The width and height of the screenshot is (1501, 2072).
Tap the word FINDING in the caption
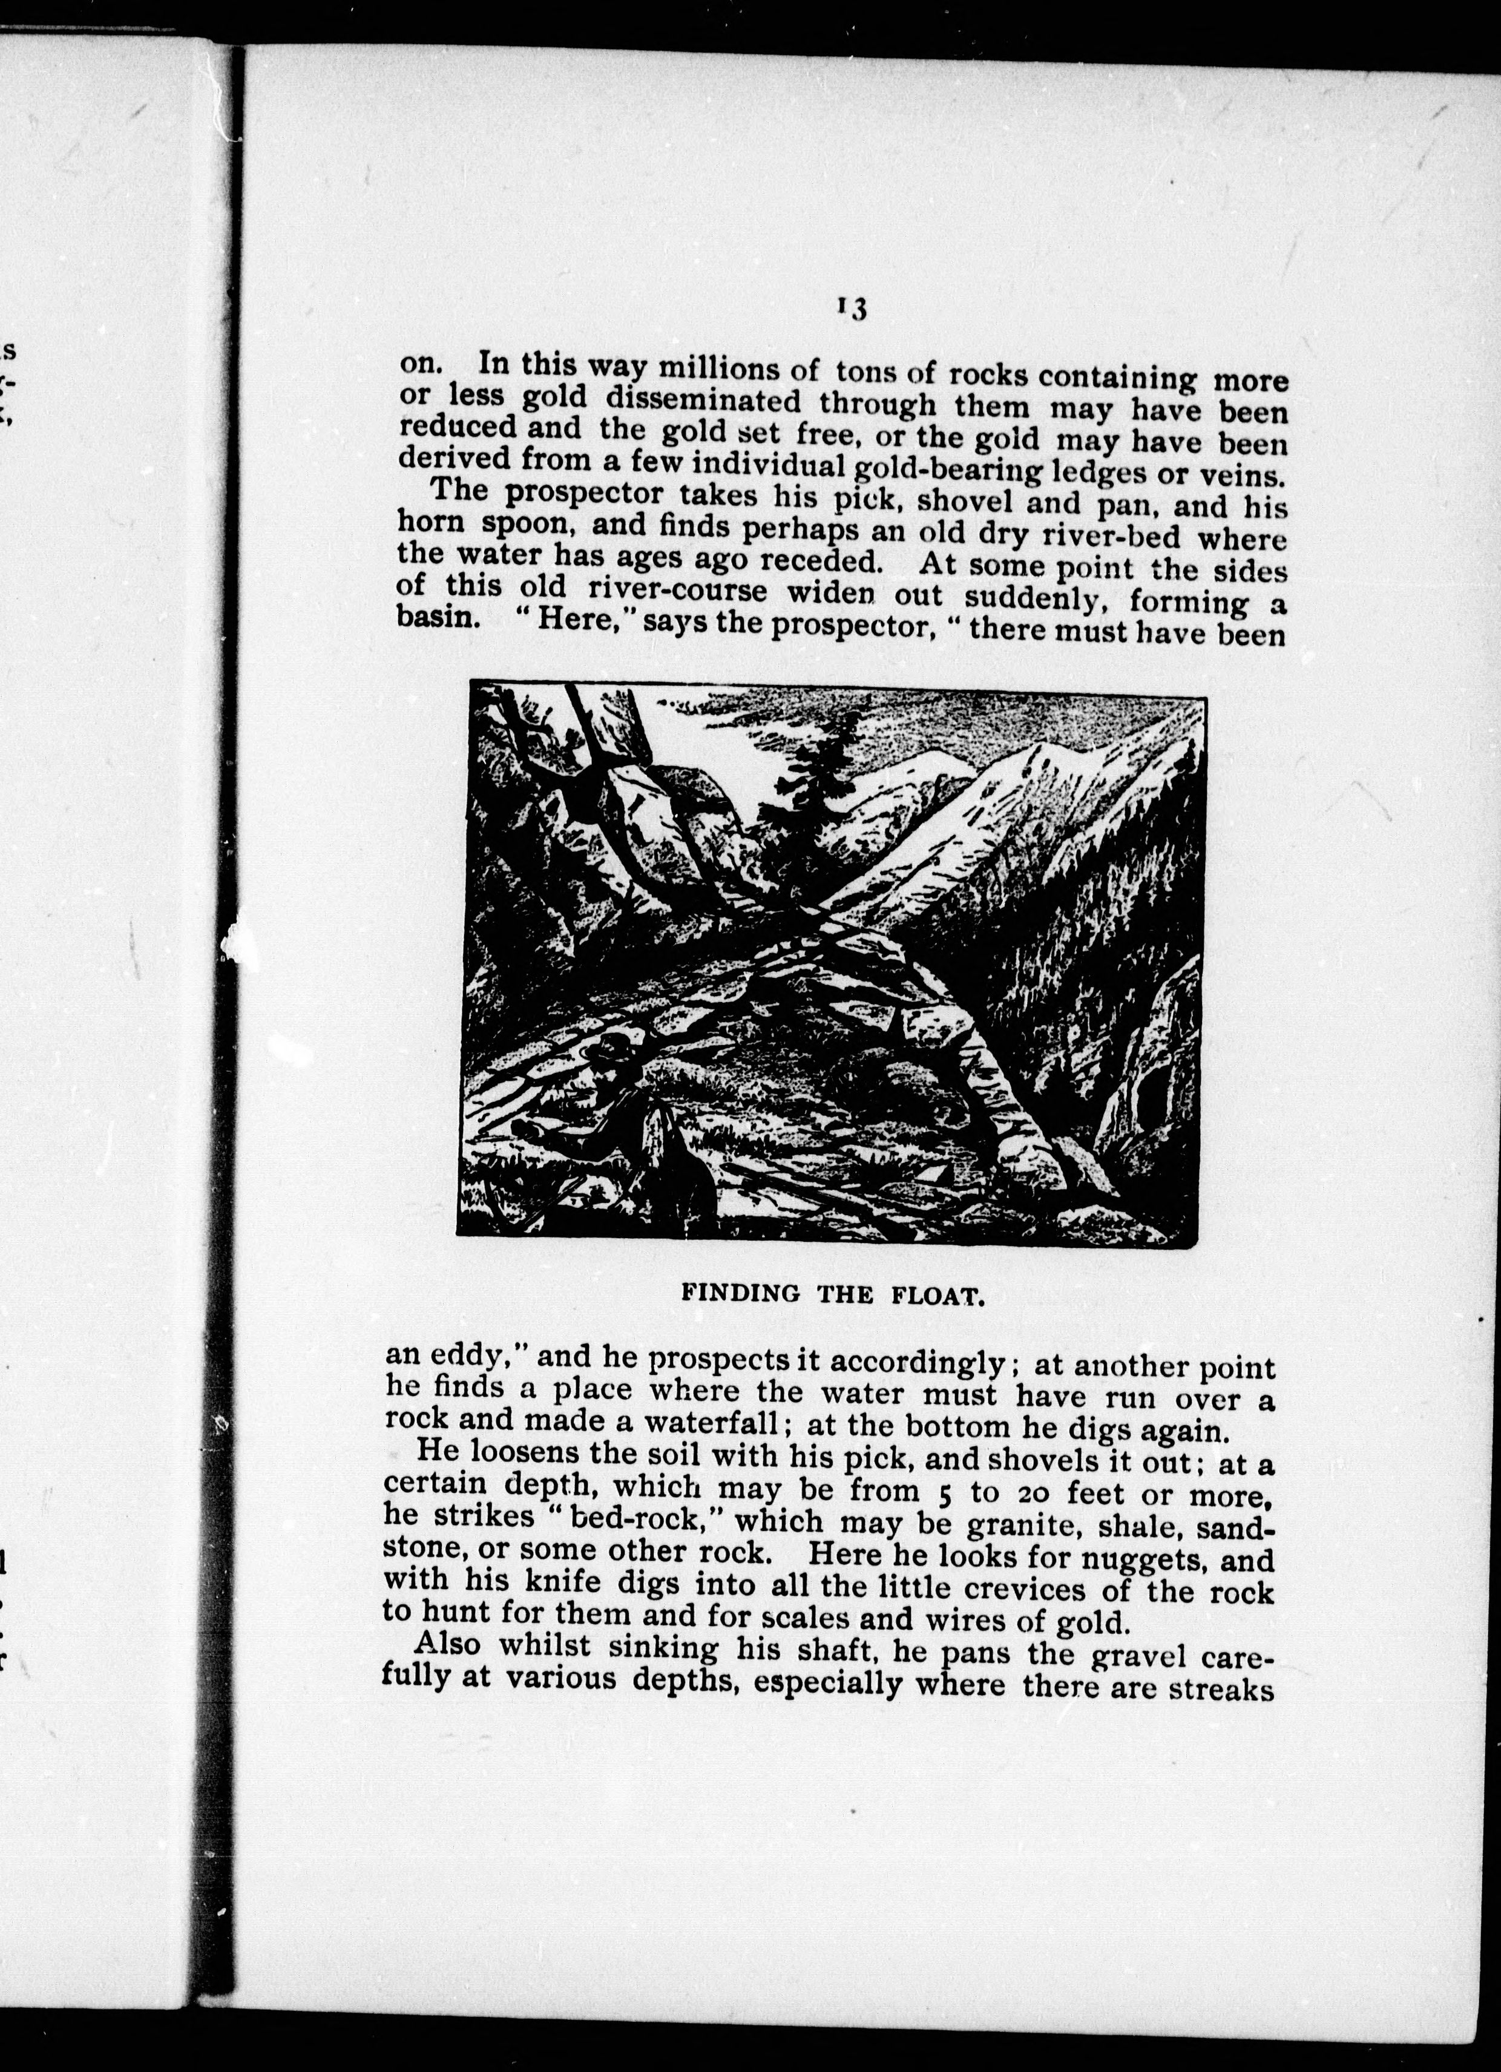(741, 1293)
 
